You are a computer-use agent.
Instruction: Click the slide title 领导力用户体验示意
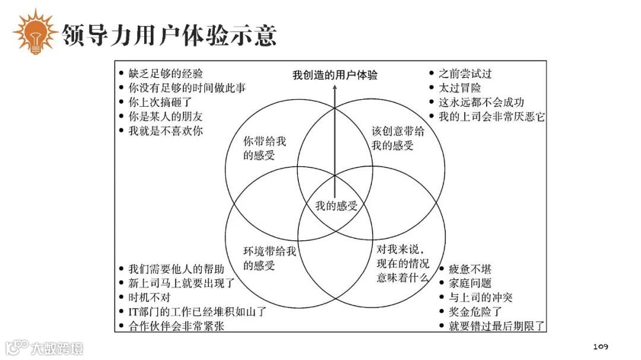pyautogui.click(x=169, y=35)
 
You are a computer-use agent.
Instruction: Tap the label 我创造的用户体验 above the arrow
pyautogui.click(x=335, y=75)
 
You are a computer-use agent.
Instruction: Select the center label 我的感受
pyautogui.click(x=336, y=206)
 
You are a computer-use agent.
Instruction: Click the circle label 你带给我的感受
pyautogui.click(x=265, y=148)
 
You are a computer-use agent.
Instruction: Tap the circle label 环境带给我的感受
pyautogui.click(x=269, y=258)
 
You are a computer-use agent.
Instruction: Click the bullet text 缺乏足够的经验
pyautogui.click(x=166, y=74)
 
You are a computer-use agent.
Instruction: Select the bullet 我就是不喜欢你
pyautogui.click(x=166, y=131)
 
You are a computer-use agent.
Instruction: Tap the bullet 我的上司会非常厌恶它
pyautogui.click(x=491, y=117)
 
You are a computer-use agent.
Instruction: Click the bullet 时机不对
pyautogui.click(x=149, y=297)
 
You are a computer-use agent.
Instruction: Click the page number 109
pyautogui.click(x=601, y=346)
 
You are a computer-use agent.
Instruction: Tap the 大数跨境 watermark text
pyautogui.click(x=58, y=348)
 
